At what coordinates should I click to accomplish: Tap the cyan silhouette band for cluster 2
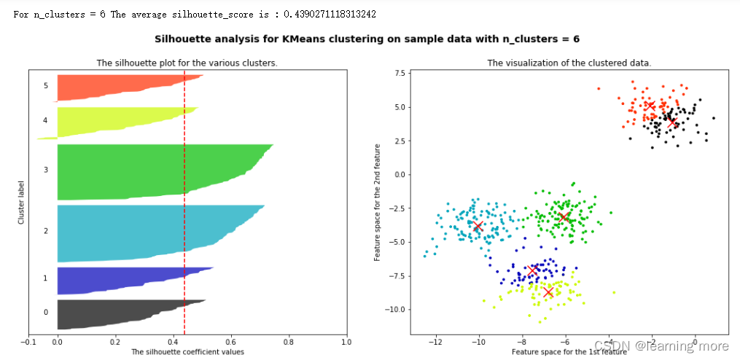tap(146, 232)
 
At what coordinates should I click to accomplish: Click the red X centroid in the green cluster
tap(564, 217)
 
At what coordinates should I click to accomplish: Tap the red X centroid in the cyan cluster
tap(478, 227)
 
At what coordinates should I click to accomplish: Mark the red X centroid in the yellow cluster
tap(548, 292)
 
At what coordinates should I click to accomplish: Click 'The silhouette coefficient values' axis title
tap(187, 352)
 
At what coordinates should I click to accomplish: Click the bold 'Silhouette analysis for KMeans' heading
tap(372, 39)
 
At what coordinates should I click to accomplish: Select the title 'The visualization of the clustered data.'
tap(569, 63)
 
